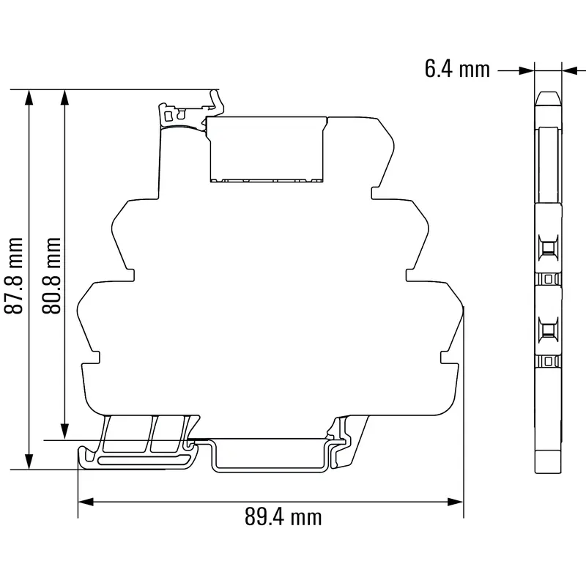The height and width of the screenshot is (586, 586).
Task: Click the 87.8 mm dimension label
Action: (x=15, y=275)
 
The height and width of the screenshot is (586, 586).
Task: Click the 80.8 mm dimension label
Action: (x=51, y=275)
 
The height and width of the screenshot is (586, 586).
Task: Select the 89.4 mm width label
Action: (x=283, y=517)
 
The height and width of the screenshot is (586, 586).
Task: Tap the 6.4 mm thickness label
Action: (x=456, y=70)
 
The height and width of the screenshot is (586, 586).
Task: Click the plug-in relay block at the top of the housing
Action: (x=267, y=148)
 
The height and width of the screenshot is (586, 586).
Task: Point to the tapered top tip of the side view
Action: (x=547, y=98)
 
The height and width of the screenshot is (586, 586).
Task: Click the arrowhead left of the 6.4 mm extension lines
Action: (x=526, y=70)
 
